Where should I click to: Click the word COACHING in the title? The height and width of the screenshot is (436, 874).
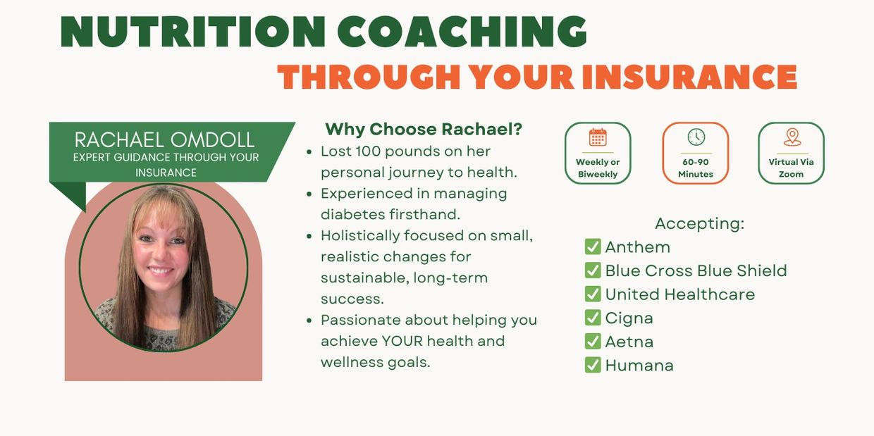click(462, 32)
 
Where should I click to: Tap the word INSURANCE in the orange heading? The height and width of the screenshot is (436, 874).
click(690, 77)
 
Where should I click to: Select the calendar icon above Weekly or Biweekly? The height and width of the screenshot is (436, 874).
click(598, 137)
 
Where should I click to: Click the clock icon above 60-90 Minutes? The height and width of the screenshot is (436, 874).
click(696, 137)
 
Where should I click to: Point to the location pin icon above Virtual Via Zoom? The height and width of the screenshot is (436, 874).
click(792, 137)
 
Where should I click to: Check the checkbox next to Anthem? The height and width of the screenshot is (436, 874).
click(593, 247)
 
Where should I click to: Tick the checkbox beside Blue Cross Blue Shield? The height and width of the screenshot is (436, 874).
click(593, 270)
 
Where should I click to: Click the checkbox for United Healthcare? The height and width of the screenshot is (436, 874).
click(593, 294)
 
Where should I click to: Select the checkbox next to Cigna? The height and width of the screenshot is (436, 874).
click(593, 318)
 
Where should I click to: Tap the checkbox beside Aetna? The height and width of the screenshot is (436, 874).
click(593, 342)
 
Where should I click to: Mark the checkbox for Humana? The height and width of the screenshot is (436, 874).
click(593, 366)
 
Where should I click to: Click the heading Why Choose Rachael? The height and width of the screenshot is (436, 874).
click(424, 129)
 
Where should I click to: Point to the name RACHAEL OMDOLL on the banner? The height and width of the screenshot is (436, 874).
click(164, 139)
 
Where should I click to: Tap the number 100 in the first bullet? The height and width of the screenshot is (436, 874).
click(368, 151)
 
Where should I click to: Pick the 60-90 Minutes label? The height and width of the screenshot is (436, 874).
click(696, 168)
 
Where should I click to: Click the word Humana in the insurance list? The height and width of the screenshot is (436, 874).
click(639, 366)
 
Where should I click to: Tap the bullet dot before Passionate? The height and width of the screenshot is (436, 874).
click(309, 320)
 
